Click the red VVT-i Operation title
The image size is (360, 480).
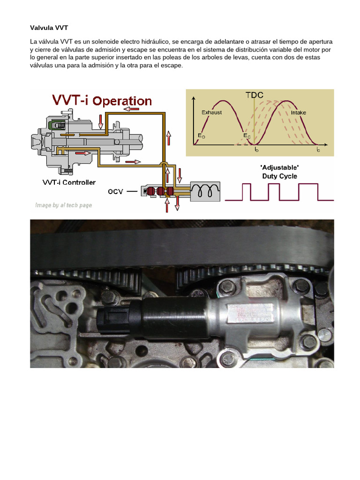(102, 101)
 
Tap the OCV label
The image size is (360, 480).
(116, 192)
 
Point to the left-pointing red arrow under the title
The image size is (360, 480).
(131, 109)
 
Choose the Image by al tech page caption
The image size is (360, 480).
(64, 205)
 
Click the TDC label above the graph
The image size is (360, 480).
(255, 95)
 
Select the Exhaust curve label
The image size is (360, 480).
(212, 112)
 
